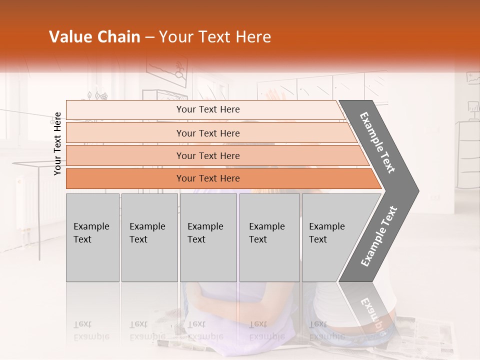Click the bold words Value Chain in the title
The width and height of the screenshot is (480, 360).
(x=94, y=37)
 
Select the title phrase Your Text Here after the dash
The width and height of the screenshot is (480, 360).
(x=215, y=37)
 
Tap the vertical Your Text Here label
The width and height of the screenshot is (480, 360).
(x=57, y=143)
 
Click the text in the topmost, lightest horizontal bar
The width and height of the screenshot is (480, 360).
(x=208, y=109)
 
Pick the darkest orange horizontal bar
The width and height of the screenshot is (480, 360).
(x=208, y=178)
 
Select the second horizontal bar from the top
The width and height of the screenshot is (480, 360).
(x=208, y=133)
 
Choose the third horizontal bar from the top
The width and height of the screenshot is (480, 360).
(x=208, y=155)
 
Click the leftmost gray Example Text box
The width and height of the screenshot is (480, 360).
(x=92, y=237)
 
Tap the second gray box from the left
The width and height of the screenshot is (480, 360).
(x=149, y=237)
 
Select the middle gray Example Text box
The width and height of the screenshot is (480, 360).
(x=208, y=237)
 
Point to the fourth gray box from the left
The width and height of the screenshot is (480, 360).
(x=269, y=237)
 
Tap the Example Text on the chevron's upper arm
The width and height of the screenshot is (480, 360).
(x=378, y=142)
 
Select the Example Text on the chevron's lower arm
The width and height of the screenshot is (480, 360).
(x=379, y=236)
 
